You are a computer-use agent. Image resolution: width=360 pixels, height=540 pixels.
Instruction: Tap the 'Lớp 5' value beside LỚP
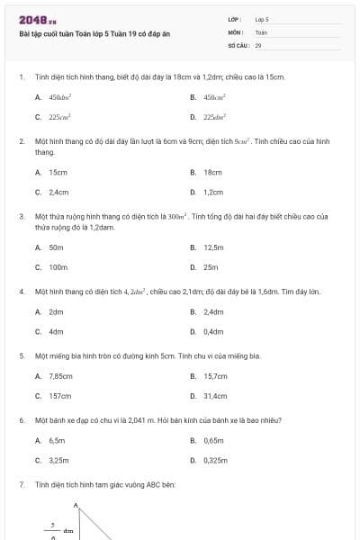pos(262,19)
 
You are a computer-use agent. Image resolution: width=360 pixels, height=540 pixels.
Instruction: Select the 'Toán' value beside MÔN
pos(261,31)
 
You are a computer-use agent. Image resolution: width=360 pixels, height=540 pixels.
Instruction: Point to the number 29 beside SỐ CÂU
pos(258,44)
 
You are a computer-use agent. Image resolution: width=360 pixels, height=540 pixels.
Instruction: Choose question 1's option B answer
pos(214,97)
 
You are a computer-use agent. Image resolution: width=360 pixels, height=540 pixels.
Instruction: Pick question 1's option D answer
pos(214,117)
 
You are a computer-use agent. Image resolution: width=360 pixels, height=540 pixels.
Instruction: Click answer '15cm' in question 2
pos(58,172)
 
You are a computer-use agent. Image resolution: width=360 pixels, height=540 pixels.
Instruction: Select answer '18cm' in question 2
pos(213,172)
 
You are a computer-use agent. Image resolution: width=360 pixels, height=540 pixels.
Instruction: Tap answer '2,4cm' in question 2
pos(58,192)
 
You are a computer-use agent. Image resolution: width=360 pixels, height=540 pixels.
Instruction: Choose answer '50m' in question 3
pos(56,247)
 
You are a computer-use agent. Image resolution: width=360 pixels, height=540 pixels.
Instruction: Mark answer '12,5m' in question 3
pos(214,247)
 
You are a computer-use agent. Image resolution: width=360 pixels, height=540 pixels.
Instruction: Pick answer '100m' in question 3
pos(58,267)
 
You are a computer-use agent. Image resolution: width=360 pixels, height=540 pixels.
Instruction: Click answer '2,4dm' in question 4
pos(214,311)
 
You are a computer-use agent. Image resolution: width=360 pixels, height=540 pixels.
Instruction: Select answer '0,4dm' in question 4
pos(214,332)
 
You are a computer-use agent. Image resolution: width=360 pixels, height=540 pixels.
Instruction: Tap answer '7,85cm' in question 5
pos(60,376)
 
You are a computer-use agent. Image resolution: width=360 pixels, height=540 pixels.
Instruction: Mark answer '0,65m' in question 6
pos(214,440)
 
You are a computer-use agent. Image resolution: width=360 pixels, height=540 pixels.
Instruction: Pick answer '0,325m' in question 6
pos(216,460)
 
